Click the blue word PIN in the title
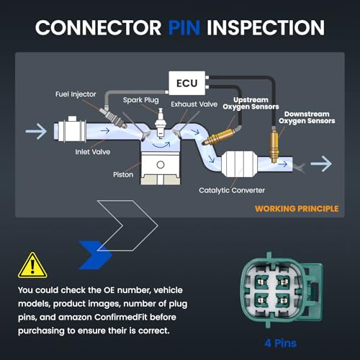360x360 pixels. (x=184, y=27)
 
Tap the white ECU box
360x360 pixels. (x=187, y=83)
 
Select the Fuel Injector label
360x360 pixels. (x=76, y=94)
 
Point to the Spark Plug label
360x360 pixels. (x=141, y=100)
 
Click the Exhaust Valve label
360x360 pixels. (x=194, y=104)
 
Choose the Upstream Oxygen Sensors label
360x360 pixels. (x=251, y=104)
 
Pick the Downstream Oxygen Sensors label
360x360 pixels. (x=307, y=117)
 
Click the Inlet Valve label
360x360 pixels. (x=93, y=152)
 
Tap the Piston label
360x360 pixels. (x=123, y=174)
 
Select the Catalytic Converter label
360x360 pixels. (x=232, y=190)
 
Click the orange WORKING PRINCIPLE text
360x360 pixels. (x=297, y=209)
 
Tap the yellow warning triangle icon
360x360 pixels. (x=32, y=265)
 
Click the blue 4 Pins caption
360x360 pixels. (x=281, y=343)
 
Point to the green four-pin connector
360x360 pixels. (x=282, y=290)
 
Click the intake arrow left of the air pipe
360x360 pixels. (x=36, y=131)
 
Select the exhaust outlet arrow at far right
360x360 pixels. (x=321, y=164)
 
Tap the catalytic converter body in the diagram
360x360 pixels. (x=239, y=164)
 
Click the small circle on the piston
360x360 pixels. (x=161, y=165)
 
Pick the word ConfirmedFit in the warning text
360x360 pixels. (x=121, y=317)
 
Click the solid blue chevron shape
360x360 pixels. (x=96, y=255)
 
